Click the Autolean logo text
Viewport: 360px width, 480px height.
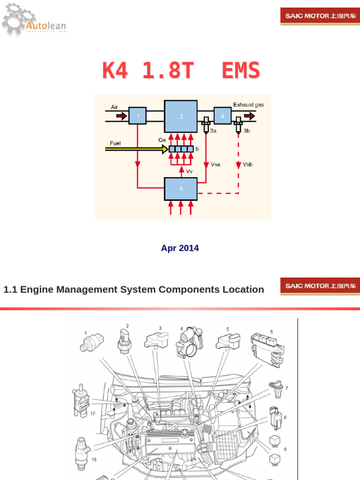click(46, 26)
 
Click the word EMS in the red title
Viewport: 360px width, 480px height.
click(240, 71)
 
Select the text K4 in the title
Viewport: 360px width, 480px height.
click(115, 71)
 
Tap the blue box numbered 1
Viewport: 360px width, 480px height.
click(137, 116)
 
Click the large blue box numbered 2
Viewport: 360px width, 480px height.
click(180, 116)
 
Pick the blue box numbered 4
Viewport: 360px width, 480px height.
click(223, 115)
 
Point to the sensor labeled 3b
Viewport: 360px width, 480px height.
click(238, 125)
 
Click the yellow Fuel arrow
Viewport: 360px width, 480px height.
click(136, 149)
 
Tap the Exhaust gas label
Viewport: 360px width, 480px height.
click(248, 105)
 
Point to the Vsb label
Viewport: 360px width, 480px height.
click(247, 165)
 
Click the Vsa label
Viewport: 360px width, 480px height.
click(216, 165)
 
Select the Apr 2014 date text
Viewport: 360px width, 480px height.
click(180, 248)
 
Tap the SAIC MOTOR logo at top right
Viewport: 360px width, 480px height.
click(321, 16)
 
